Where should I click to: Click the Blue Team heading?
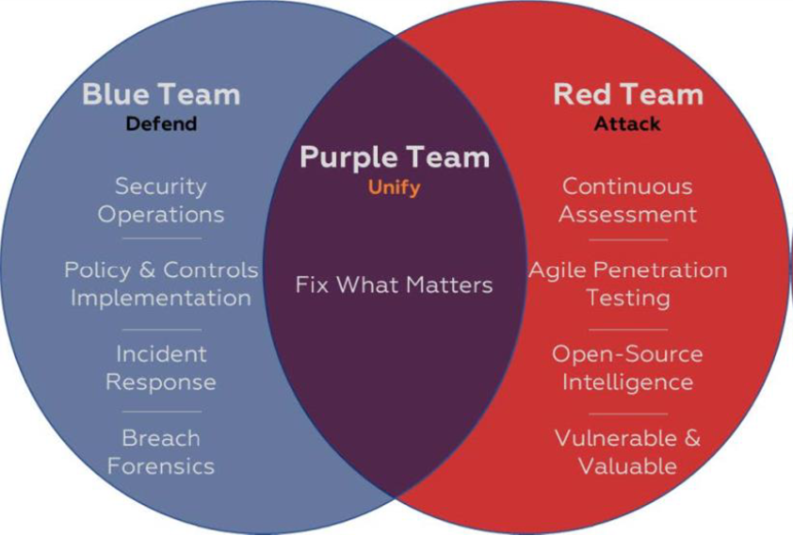click(161, 94)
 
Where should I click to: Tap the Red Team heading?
click(627, 94)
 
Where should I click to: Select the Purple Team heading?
click(395, 157)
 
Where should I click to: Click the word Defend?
click(161, 123)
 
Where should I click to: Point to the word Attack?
click(627, 123)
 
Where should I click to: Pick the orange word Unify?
click(394, 187)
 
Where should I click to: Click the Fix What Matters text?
click(394, 284)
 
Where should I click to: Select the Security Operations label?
click(161, 200)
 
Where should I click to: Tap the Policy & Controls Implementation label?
click(161, 284)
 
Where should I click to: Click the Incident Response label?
click(161, 368)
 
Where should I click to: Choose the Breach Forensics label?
click(161, 452)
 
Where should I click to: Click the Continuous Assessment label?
click(627, 200)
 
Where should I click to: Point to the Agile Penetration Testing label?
click(627, 284)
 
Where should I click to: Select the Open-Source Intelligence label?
click(627, 368)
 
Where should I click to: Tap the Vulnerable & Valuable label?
click(627, 452)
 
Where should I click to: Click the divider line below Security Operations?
click(161, 240)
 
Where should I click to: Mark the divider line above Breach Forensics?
click(161, 412)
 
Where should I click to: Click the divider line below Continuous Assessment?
click(627, 240)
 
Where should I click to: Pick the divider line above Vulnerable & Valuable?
click(627, 412)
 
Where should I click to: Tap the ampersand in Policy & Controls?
click(146, 270)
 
